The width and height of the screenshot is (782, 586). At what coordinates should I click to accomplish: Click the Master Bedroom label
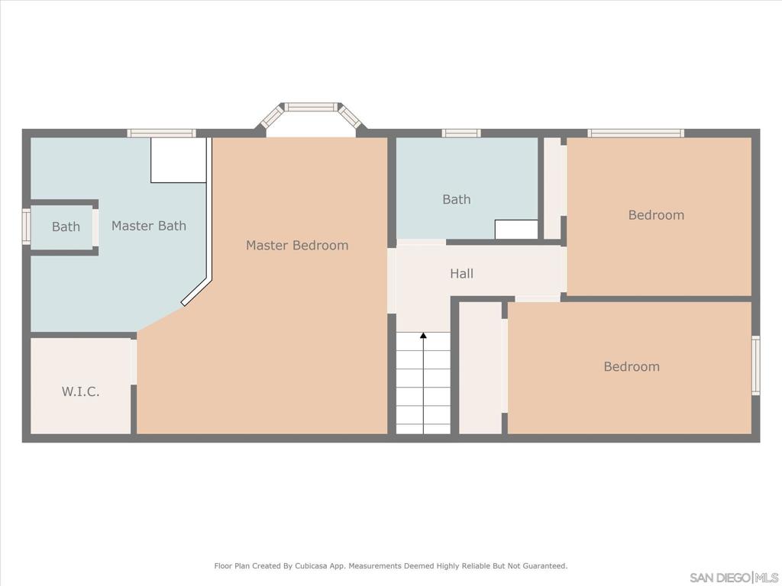(x=297, y=245)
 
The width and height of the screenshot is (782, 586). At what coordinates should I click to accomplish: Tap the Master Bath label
(x=149, y=226)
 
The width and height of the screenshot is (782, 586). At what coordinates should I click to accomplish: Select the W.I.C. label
(x=81, y=392)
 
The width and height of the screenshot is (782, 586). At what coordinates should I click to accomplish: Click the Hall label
(x=461, y=273)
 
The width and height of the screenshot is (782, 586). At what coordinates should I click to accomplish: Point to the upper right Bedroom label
(x=656, y=215)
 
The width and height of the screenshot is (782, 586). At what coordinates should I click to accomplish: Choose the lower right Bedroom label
(x=632, y=366)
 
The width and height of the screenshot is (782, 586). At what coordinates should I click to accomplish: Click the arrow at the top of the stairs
(x=423, y=336)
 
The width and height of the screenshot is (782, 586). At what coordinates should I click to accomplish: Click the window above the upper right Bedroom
(x=635, y=134)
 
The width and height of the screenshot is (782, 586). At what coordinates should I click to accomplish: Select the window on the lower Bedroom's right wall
(x=755, y=365)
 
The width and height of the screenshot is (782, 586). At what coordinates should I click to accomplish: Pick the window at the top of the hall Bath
(x=461, y=134)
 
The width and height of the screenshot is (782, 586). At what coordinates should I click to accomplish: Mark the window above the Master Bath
(x=161, y=134)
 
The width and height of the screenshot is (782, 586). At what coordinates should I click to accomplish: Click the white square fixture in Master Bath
(x=179, y=160)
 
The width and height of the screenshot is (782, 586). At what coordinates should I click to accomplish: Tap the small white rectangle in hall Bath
(x=516, y=230)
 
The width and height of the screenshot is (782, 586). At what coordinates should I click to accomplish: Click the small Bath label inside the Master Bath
(x=66, y=227)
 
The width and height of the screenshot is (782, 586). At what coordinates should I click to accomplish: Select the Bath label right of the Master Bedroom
(x=457, y=199)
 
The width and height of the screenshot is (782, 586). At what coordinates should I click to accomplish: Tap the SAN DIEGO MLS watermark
(x=734, y=577)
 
